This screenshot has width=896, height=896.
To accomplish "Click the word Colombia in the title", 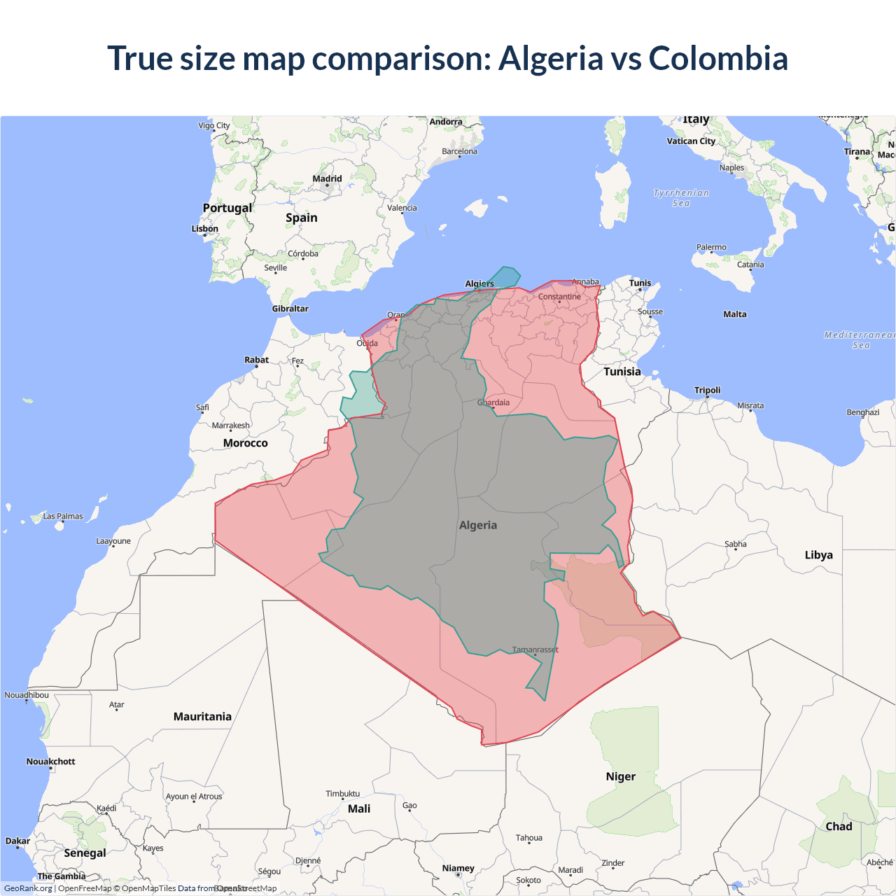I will click(718, 58).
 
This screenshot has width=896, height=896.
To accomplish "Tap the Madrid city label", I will click(327, 178).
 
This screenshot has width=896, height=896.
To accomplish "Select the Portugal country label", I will click(227, 208).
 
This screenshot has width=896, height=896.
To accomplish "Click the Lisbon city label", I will click(205, 229).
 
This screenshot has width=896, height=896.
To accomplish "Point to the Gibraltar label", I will click(290, 309).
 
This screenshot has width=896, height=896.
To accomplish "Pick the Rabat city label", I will click(256, 360).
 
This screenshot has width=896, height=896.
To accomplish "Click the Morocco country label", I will click(245, 443).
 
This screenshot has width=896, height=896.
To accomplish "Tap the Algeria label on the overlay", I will click(478, 525).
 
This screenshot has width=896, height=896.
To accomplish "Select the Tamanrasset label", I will click(535, 650).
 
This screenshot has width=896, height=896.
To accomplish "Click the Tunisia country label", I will click(622, 372).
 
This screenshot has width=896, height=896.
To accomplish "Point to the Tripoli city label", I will click(707, 390).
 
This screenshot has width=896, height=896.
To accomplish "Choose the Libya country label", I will click(818, 555).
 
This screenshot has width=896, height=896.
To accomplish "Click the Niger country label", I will click(620, 776).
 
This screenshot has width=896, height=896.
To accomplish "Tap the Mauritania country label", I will click(202, 717).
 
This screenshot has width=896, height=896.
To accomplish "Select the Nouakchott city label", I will click(50, 762).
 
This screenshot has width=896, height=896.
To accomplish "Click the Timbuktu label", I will click(342, 794).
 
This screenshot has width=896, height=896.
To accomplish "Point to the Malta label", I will click(735, 314).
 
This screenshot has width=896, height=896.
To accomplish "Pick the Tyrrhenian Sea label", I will click(681, 198).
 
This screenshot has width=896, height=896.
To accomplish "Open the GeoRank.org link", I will click(28, 888).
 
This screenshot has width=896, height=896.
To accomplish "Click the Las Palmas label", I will click(63, 517).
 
